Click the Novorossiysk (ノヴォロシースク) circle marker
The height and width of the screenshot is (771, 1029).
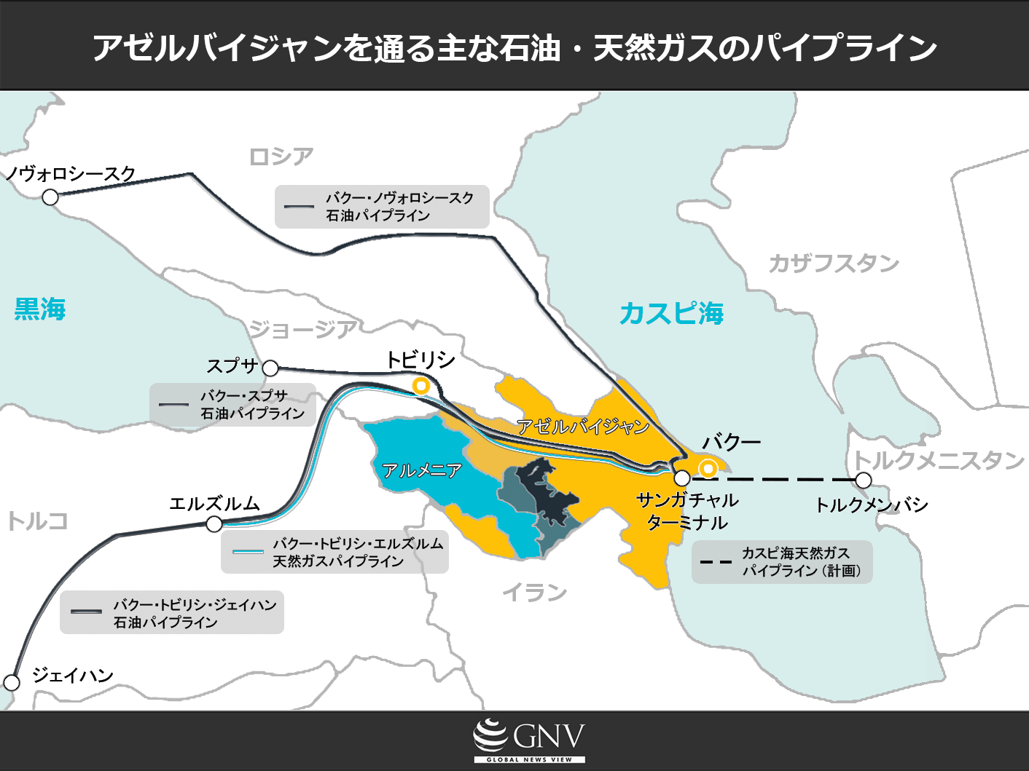point(50,197)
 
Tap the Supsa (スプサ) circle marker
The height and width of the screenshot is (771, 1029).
point(270,368)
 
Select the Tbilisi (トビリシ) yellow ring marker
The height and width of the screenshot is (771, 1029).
point(420,386)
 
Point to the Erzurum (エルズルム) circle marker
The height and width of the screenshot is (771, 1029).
point(214,524)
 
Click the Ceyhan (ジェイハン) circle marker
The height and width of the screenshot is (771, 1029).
point(12,682)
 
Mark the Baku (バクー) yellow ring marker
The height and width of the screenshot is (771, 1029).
point(708,468)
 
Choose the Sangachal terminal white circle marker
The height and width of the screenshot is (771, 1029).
point(682,478)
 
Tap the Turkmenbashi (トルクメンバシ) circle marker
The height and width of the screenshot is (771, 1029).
point(864,481)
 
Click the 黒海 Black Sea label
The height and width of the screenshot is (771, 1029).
point(40,309)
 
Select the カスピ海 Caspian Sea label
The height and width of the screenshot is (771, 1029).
point(671,314)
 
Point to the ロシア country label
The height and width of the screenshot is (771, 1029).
point(281,157)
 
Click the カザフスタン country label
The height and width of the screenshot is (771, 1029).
point(834,264)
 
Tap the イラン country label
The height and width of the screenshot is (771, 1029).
point(534,593)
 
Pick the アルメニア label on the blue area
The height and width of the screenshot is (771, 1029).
point(422,471)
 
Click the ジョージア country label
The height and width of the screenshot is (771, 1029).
point(302,330)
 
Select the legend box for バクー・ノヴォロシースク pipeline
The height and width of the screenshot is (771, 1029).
point(382,207)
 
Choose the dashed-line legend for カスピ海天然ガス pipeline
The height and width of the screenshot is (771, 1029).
point(782,562)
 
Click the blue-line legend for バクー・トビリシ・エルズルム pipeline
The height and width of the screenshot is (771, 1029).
point(334,552)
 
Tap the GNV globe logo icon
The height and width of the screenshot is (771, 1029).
point(490,736)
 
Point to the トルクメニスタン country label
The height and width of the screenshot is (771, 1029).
point(939,460)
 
